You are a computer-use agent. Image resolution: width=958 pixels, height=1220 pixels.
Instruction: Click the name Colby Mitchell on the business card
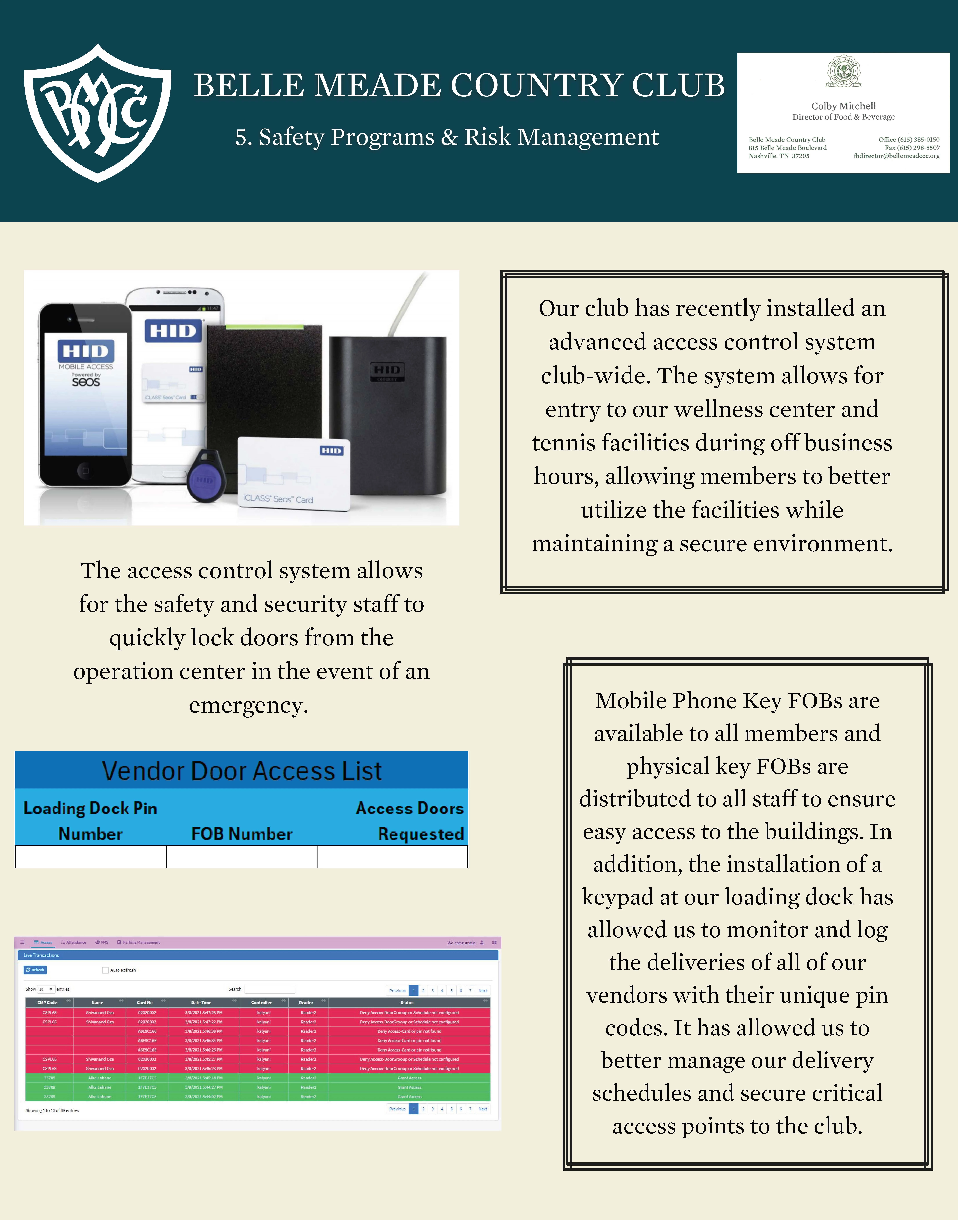click(843, 106)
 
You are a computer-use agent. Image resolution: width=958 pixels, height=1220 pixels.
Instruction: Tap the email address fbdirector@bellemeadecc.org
click(896, 156)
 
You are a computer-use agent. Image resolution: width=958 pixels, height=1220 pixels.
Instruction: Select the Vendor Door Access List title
click(242, 771)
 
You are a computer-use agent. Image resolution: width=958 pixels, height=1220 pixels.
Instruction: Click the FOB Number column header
click(242, 834)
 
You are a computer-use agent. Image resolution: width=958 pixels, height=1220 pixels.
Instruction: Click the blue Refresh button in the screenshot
click(35, 970)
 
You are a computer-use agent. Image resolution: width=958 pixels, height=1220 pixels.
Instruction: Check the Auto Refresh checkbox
click(105, 970)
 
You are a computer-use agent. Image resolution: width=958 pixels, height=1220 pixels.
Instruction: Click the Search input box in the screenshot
click(270, 989)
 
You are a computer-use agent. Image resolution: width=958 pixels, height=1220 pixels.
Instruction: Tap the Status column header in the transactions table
click(407, 1002)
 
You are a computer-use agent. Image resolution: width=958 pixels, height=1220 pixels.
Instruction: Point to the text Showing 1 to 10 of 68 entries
click(52, 1111)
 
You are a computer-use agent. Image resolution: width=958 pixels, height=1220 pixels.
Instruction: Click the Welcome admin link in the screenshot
click(461, 943)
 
